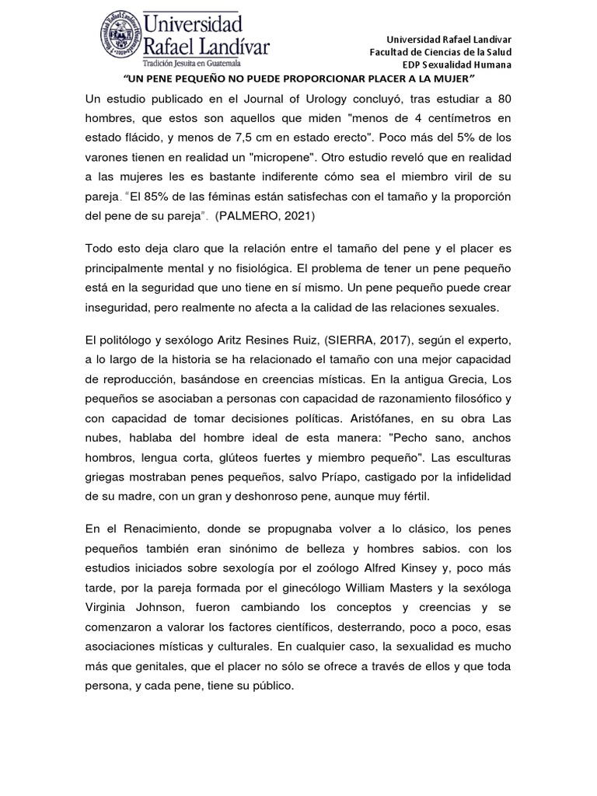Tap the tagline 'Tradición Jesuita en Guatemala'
pyautogui.click(x=192, y=63)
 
